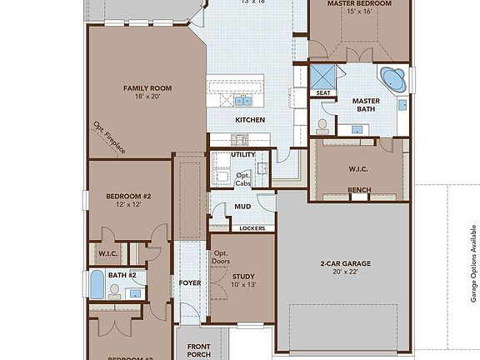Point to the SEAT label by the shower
[x=322, y=93]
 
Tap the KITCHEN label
[x=250, y=120]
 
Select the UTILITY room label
[x=242, y=154]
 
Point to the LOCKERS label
[x=252, y=227]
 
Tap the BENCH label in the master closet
[x=359, y=190]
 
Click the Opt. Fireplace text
[x=109, y=138]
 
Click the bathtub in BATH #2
[x=97, y=286]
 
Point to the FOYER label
[x=190, y=282]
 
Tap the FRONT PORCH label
[x=198, y=350]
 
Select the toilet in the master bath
[x=322, y=125]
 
